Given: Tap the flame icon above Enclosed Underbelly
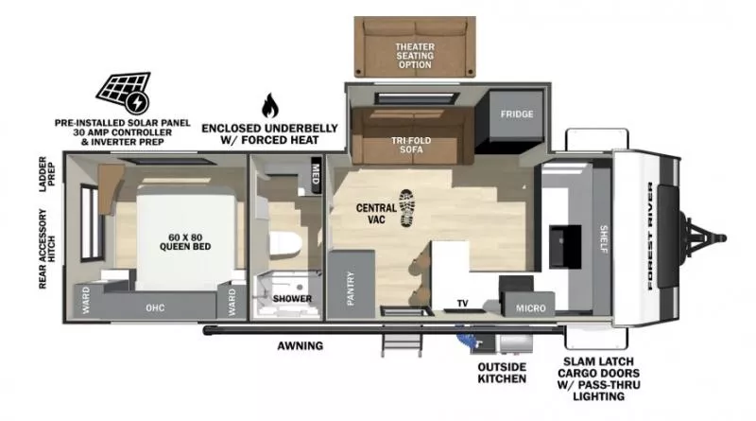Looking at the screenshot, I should click(x=270, y=104).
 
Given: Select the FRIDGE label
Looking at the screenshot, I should click(x=518, y=114).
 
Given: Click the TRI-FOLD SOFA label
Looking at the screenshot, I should click(x=411, y=145).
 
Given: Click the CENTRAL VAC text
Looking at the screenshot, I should click(x=375, y=213).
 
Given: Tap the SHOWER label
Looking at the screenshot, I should click(x=292, y=299).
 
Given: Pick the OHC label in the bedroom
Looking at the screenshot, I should click(x=155, y=307).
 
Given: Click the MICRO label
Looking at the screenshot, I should click(x=530, y=307).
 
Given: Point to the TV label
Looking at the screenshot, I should click(x=462, y=304).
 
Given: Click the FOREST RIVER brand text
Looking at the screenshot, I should click(x=653, y=234).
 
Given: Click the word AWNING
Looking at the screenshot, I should click(x=301, y=346).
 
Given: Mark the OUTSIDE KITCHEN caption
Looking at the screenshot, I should click(x=501, y=372).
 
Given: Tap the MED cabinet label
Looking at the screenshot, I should click(x=315, y=174).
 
